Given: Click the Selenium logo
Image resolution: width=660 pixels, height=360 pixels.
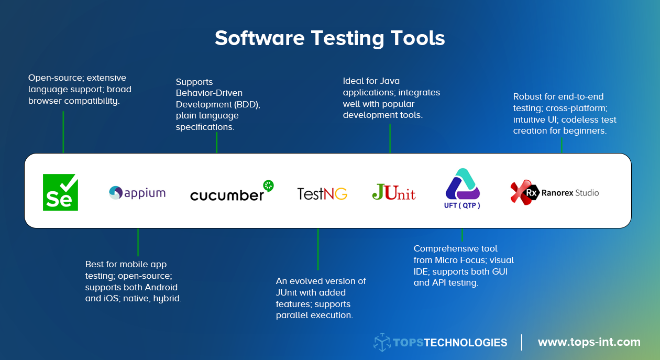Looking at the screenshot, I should [x=60, y=192].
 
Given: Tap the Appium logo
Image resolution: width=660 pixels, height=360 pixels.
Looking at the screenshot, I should [x=137, y=193].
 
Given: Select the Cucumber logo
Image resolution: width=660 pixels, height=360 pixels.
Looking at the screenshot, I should [x=232, y=192].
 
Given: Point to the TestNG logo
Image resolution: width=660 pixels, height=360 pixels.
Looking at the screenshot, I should [x=322, y=194].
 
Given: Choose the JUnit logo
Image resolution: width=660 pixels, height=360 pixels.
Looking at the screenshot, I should [x=394, y=192].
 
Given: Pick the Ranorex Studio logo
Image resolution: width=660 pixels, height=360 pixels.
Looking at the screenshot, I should [x=554, y=192].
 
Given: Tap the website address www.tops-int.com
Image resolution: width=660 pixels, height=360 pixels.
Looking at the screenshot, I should [x=589, y=342].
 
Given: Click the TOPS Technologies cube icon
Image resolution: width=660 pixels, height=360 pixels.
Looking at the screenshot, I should [x=382, y=342].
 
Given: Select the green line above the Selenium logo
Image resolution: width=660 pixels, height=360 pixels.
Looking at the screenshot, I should [x=63, y=132].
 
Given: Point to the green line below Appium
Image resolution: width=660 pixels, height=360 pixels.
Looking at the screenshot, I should [x=138, y=242].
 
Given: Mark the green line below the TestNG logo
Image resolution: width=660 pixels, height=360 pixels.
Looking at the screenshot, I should [x=318, y=249].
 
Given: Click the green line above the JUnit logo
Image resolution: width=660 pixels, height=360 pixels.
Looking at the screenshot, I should [x=390, y=138].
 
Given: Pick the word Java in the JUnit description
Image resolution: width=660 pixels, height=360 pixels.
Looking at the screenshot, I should [x=389, y=81].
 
